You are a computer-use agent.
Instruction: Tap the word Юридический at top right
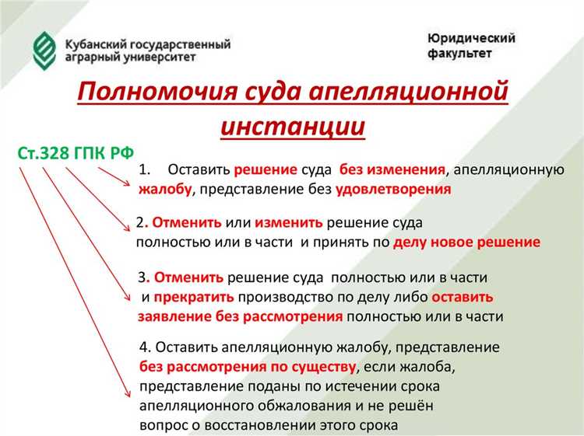pos(471,38)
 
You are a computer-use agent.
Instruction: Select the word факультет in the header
pos(459,55)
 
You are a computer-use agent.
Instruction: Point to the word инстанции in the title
pos(292,125)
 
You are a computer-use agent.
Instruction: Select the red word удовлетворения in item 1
pos(394,189)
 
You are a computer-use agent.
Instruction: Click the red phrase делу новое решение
pos(466,242)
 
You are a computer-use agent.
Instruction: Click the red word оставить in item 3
pos(462,297)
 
